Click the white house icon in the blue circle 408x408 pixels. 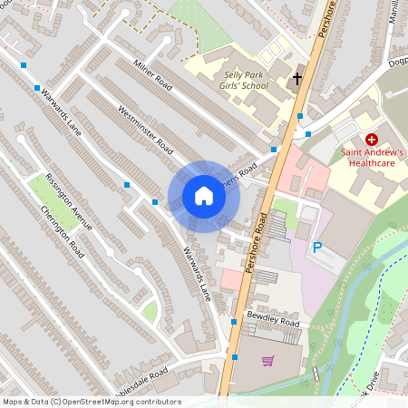point(204,196)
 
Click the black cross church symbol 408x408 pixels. point(296,79)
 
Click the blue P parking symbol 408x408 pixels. point(317,248)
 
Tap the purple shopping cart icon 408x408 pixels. point(267,361)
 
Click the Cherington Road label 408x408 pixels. point(62,230)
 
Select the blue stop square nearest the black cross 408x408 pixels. point(300,115)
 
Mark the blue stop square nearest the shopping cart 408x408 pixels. point(234,358)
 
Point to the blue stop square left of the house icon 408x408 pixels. point(156,201)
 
